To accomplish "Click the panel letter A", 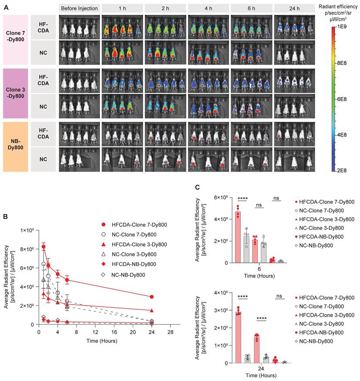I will (x=6, y=7).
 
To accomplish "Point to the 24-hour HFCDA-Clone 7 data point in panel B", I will (x=151, y=297).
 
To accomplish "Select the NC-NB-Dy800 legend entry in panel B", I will (x=128, y=274).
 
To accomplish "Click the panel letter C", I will (x=198, y=187).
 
